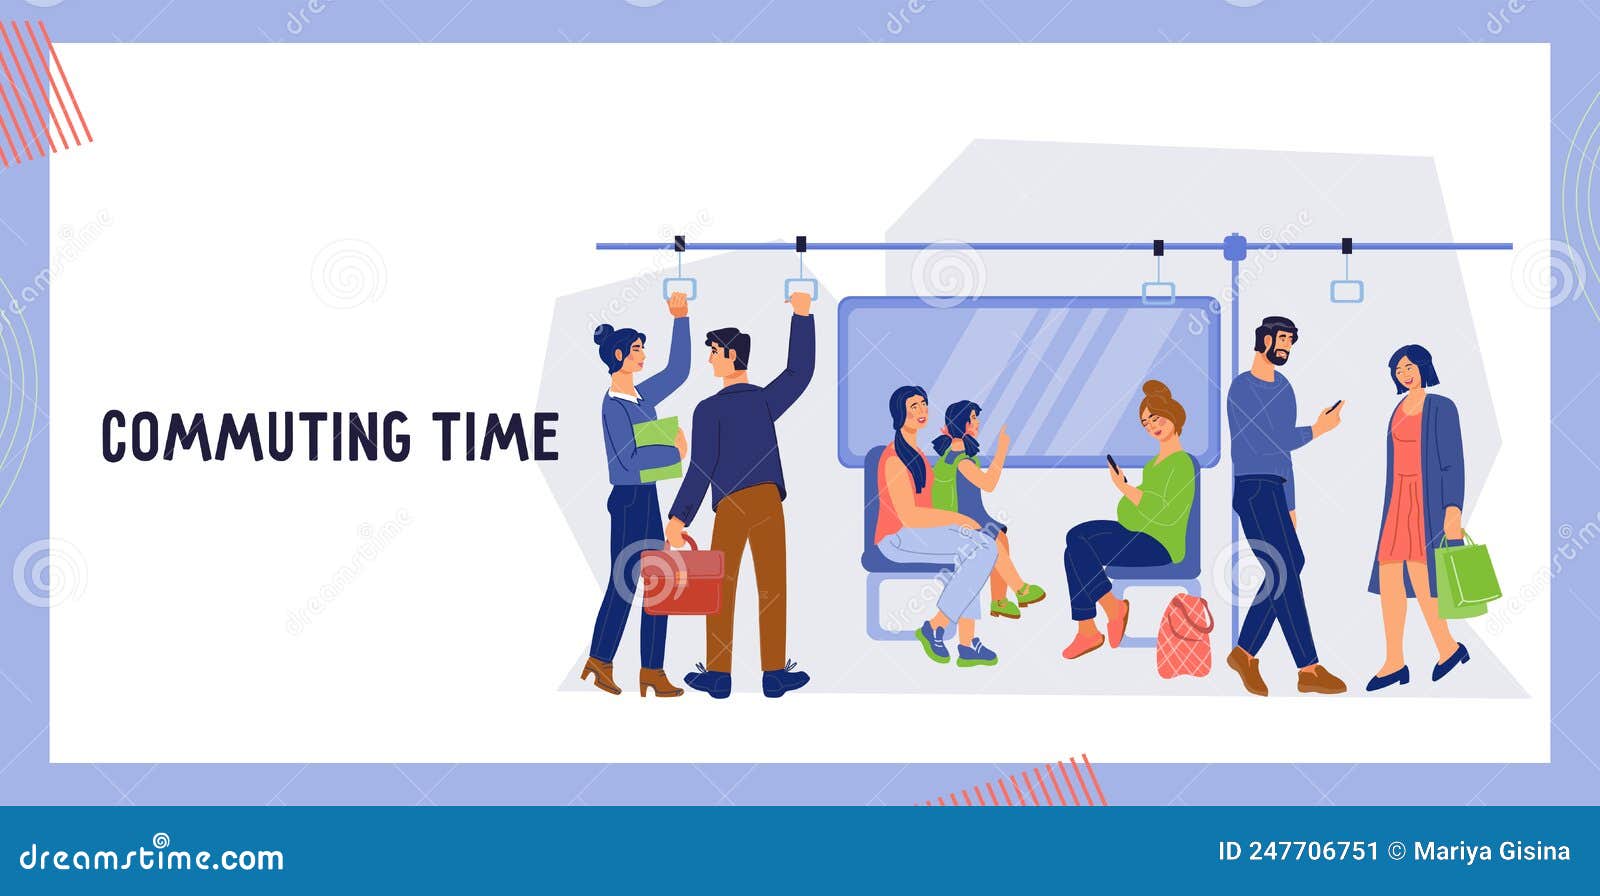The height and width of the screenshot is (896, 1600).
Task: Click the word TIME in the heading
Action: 495,437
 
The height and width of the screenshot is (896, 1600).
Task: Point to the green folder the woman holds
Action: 656,447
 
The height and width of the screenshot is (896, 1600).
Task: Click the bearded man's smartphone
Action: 1333,407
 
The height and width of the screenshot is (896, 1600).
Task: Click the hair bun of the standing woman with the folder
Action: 603,334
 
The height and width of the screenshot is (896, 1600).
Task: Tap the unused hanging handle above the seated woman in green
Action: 1158,291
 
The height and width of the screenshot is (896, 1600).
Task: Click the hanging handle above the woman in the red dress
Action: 1346,290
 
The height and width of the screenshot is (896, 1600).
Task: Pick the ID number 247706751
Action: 1297,851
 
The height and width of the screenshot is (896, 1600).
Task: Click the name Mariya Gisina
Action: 1491,851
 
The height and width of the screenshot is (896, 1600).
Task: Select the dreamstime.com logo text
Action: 152,857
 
